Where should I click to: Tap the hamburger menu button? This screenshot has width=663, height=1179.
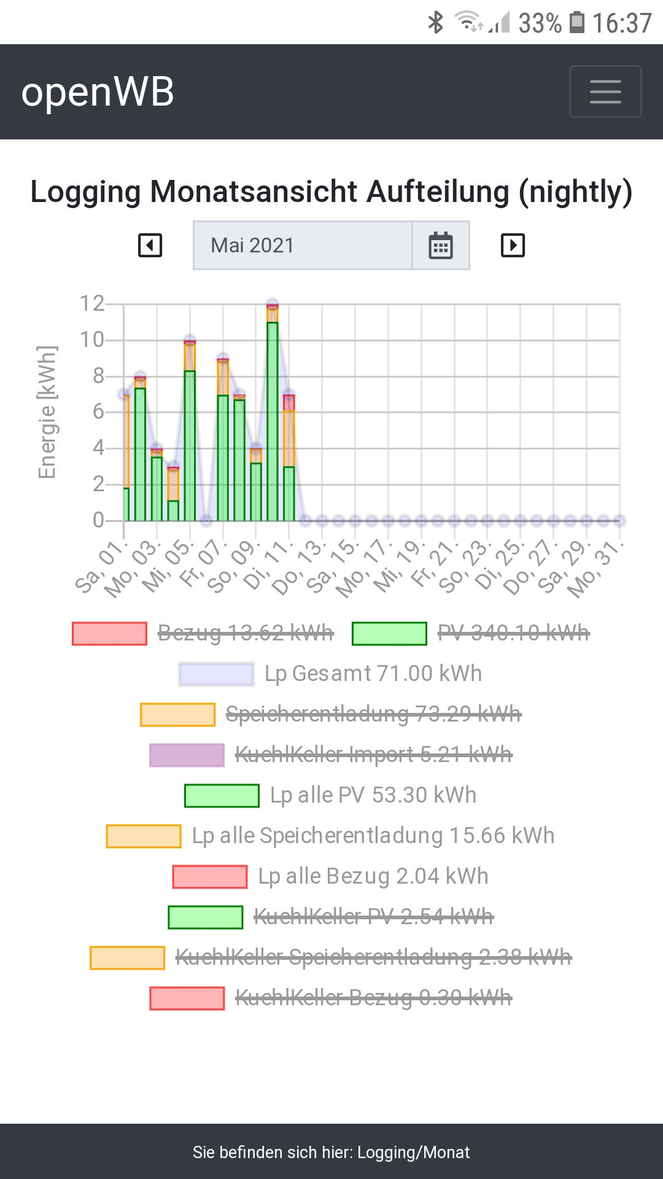[x=605, y=91]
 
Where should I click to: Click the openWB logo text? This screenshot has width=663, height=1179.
[x=98, y=92]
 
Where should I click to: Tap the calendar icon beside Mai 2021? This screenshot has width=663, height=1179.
[x=441, y=246]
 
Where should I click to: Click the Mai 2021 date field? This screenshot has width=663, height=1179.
[x=302, y=246]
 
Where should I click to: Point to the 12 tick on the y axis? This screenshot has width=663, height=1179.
[x=92, y=303]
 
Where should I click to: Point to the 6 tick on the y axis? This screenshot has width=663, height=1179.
[x=98, y=411]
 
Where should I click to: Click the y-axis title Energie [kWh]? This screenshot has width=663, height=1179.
[x=47, y=412]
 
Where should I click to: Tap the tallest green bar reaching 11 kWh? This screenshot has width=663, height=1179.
[x=273, y=424]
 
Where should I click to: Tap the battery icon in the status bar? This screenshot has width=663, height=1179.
[x=577, y=23]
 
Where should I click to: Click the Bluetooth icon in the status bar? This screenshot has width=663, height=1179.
[x=435, y=23]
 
